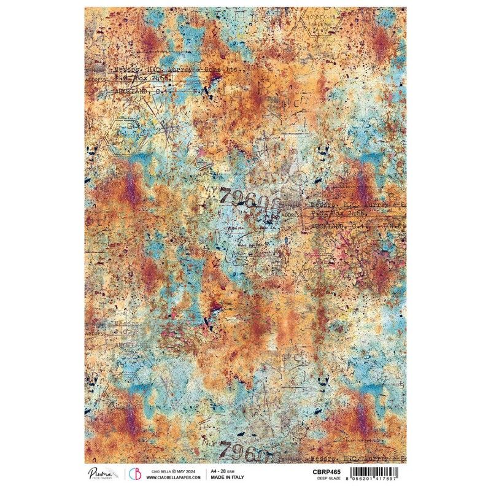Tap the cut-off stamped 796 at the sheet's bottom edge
click(242, 451)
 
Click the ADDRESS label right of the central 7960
click(292, 215)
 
